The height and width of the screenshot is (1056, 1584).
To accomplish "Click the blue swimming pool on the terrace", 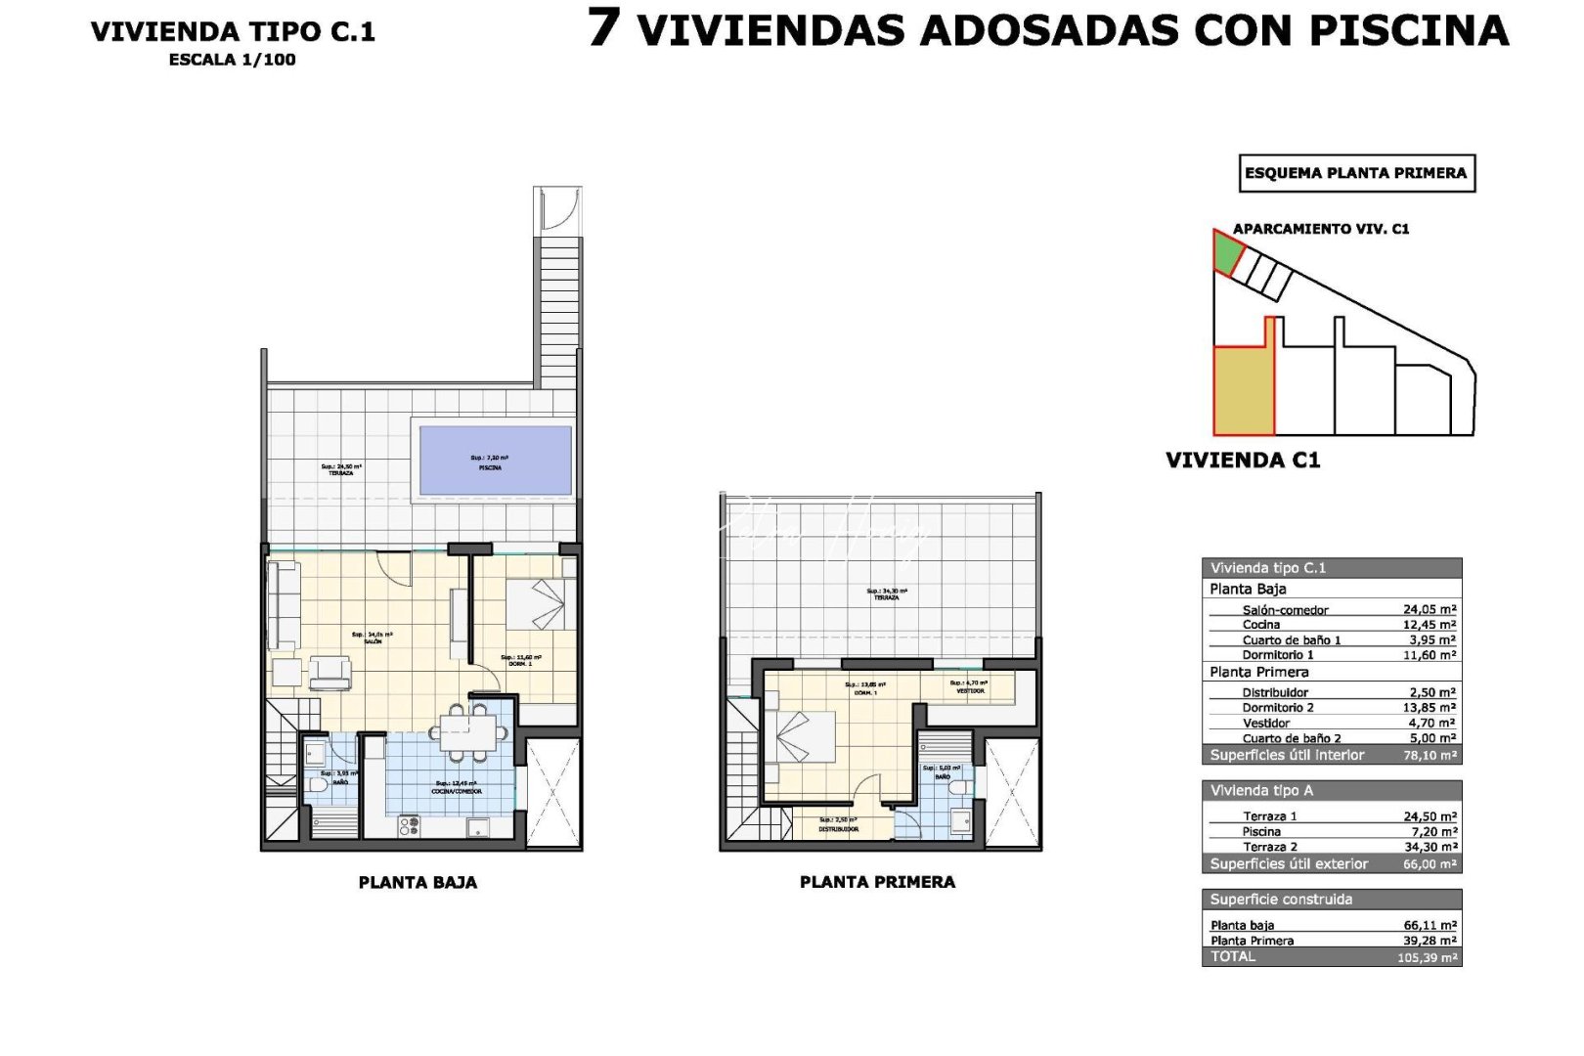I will pos(495,460).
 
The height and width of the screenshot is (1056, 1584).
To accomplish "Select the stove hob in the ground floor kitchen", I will pos(409,827).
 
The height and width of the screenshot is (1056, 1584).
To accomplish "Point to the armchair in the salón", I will pos(330,672).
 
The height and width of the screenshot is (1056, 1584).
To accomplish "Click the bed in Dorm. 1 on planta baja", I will pos(535,603).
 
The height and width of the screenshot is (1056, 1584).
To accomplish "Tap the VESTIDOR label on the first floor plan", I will pos(970,690).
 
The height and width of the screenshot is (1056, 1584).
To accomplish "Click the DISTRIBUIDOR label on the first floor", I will pos(838,829).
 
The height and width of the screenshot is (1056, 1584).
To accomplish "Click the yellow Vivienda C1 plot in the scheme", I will pos(1243,390).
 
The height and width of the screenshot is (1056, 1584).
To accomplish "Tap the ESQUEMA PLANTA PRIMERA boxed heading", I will pos(1355,173).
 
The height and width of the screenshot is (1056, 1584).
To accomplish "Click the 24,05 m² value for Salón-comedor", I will pos(1429,609).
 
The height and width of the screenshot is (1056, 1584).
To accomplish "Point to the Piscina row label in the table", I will pos(1261,832).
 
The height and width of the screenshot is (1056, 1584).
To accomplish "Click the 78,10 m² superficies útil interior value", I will pos(1430,755).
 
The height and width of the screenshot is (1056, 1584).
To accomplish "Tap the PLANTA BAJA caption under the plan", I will pos(418,882).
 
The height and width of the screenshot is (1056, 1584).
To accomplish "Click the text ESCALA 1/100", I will pos(232,60).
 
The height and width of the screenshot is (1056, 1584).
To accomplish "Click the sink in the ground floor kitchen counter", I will pos(479,828).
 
